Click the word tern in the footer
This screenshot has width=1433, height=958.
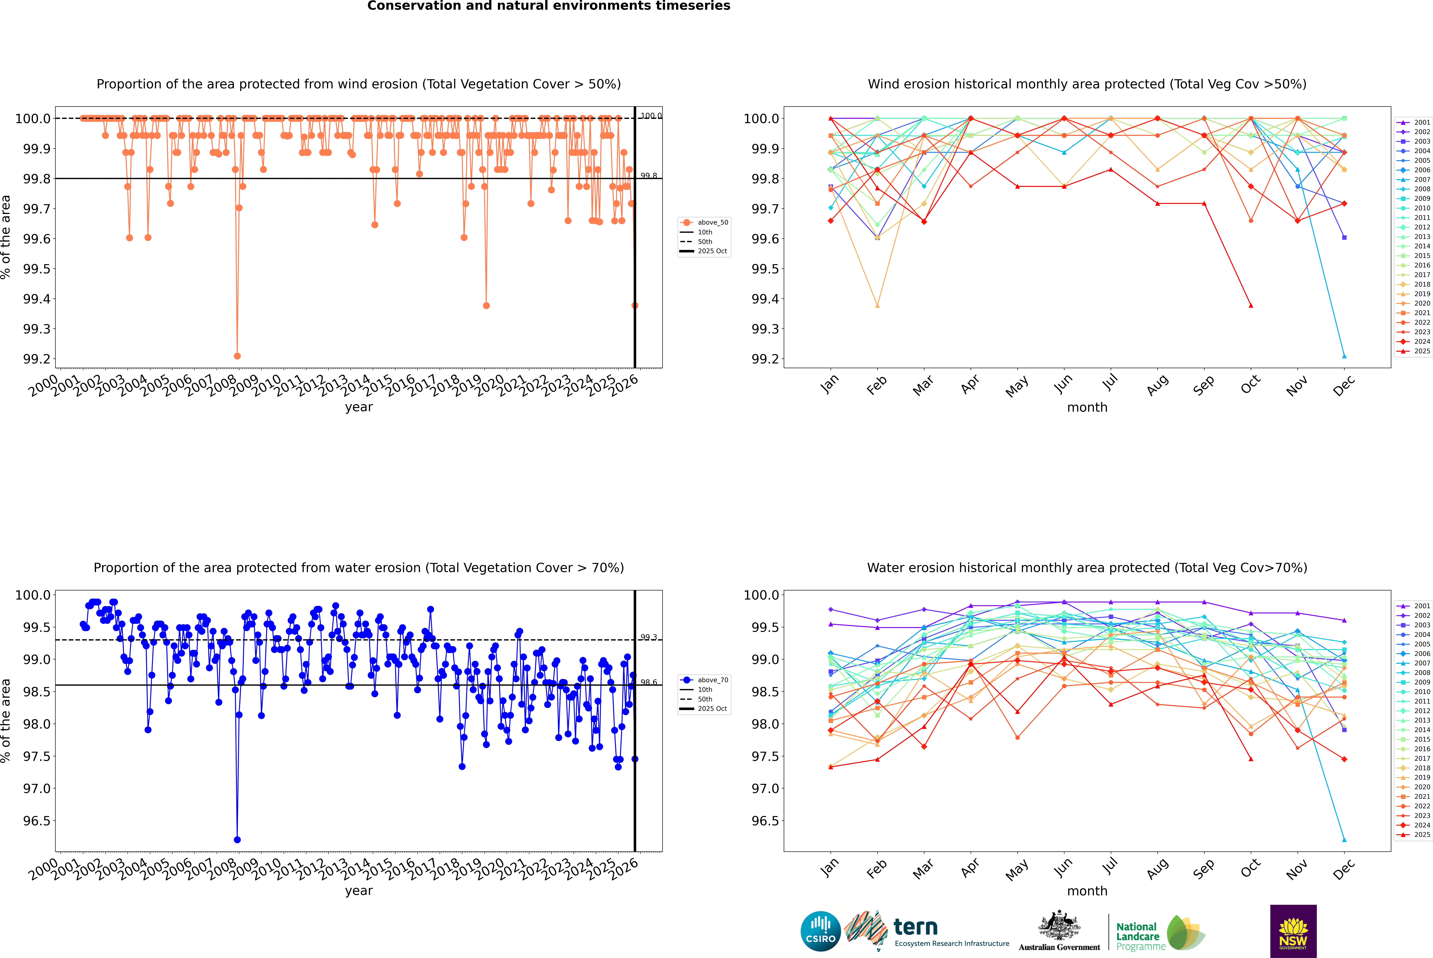pos(915,927)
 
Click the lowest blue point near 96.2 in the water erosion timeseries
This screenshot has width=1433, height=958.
pos(237,839)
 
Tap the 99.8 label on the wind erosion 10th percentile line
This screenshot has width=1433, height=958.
pos(649,176)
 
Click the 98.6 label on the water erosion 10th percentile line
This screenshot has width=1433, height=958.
pos(649,682)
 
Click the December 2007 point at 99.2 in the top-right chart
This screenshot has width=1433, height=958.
pos(1344,356)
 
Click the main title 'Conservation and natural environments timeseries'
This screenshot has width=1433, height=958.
pos(548,6)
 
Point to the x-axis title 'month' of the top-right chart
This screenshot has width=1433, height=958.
pos(1087,408)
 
